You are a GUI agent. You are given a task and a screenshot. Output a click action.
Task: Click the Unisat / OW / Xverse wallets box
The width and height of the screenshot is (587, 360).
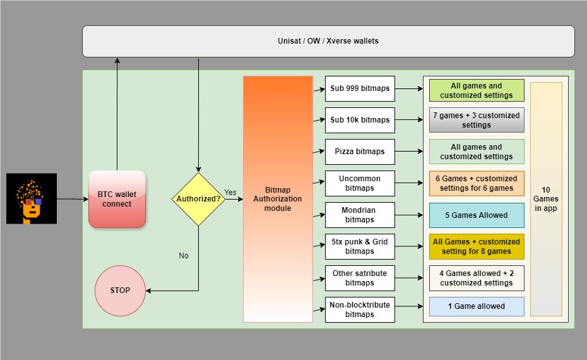click(328, 42)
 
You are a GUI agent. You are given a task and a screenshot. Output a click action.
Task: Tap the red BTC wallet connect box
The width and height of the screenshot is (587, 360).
click(117, 199)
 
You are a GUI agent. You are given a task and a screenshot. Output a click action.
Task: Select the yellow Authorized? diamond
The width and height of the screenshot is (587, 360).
click(198, 199)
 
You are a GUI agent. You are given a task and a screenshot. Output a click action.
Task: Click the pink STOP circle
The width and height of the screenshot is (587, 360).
click(120, 291)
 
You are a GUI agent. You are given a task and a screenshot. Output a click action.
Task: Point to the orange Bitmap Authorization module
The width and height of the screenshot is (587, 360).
click(278, 199)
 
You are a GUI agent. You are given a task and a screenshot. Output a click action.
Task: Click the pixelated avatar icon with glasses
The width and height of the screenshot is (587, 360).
click(32, 198)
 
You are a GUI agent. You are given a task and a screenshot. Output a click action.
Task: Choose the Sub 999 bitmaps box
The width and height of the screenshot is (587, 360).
click(360, 89)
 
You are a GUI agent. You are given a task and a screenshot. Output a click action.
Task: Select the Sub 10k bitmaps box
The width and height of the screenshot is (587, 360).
click(360, 120)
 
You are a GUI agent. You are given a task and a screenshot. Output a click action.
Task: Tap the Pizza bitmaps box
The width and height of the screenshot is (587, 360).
click(360, 152)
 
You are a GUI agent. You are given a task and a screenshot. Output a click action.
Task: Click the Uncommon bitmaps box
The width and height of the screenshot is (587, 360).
click(360, 183)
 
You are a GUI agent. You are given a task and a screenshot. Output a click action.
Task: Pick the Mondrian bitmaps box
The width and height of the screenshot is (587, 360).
click(360, 215)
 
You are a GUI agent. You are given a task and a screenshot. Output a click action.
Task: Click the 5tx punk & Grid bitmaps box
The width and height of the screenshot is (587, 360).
click(360, 246)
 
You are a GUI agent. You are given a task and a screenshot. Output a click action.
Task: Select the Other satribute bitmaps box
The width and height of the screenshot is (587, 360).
click(360, 278)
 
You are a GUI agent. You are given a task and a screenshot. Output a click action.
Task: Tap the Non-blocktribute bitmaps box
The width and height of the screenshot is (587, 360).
click(360, 309)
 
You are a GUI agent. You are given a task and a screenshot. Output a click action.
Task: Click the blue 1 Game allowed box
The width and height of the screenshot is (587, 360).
click(477, 306)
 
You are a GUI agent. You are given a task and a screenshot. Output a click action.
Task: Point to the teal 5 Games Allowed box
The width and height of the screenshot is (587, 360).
click(477, 215)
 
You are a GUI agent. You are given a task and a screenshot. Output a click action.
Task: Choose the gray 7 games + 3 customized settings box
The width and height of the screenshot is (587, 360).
click(477, 120)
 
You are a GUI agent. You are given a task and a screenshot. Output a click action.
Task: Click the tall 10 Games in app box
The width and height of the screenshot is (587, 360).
click(546, 199)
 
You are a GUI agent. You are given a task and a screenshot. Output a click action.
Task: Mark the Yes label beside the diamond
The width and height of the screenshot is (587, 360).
click(230, 192)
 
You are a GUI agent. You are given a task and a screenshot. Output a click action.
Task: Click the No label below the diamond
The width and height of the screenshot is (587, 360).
click(184, 256)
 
